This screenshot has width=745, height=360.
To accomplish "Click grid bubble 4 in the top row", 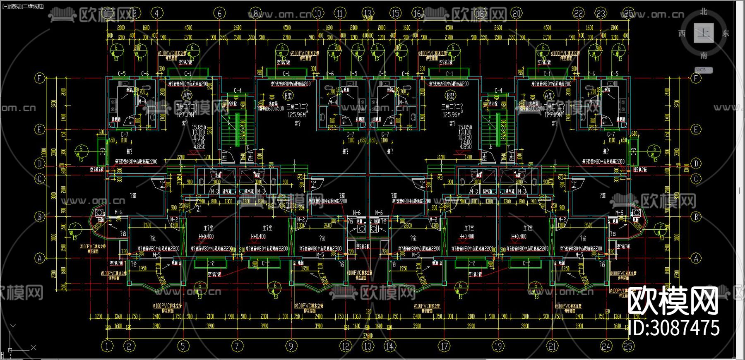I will click(x=156, y=13).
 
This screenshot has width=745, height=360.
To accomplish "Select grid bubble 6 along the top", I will click(x=219, y=13).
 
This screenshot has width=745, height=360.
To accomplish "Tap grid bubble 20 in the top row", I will click(x=517, y=13).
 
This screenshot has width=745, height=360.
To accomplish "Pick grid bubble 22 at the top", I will click(x=579, y=13).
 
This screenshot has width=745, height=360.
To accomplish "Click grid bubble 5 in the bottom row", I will click(x=183, y=346).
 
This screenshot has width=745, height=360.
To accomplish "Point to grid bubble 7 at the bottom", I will click(x=237, y=346).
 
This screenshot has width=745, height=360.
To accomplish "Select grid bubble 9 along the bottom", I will click(x=291, y=346).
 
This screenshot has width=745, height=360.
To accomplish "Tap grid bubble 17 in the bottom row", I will click(x=444, y=346).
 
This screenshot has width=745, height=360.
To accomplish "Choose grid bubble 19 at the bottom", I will click(x=498, y=346).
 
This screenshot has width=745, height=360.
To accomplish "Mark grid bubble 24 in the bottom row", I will click(x=606, y=346).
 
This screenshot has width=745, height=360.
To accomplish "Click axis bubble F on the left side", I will click(x=39, y=78).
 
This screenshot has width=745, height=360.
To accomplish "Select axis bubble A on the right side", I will click(x=696, y=259).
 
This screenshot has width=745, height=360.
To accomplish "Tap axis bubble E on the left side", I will click(x=39, y=130).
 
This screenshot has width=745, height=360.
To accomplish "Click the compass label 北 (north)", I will click(x=704, y=12).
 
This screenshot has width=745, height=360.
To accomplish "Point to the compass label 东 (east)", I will click(x=726, y=33).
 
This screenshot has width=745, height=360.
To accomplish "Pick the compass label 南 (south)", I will click(x=704, y=55).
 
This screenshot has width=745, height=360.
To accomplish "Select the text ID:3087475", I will click(x=673, y=328).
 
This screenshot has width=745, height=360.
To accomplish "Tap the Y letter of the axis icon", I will click(x=13, y=327).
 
